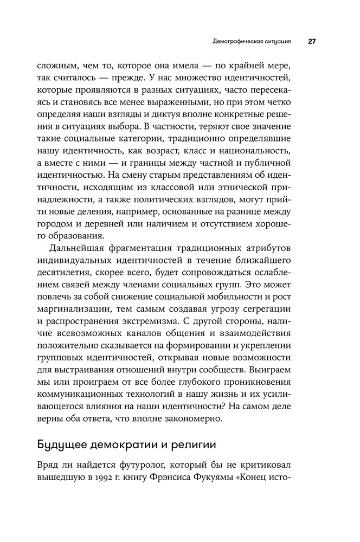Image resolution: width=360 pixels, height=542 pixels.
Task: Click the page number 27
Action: pos(313,41)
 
